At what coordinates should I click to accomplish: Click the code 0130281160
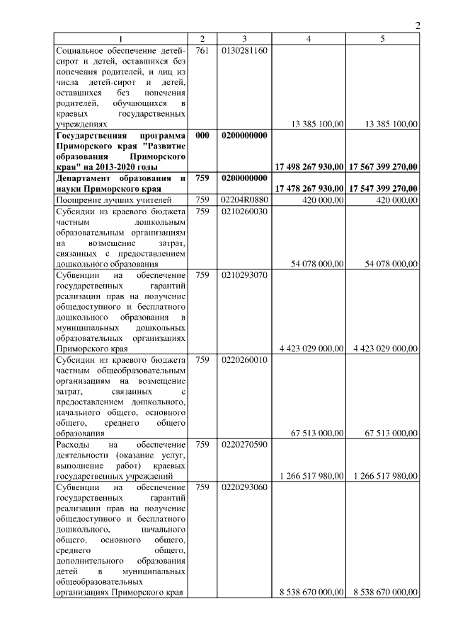click(244, 51)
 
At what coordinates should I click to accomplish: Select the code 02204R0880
click(244, 200)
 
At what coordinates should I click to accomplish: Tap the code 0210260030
click(244, 211)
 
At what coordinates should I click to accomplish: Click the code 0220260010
click(244, 360)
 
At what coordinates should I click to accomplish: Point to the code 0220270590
click(244, 445)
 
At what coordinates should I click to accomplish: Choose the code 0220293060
click(244, 487)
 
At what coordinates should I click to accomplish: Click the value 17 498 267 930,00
click(309, 167)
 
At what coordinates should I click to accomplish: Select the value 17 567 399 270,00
click(382, 167)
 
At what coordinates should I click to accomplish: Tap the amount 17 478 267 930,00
click(309, 190)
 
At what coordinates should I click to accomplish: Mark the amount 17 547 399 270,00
click(382, 190)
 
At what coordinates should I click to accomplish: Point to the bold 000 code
click(202, 134)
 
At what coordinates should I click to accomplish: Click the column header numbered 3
click(244, 39)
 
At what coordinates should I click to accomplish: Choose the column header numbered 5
click(382, 39)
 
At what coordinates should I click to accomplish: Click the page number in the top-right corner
click(418, 26)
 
